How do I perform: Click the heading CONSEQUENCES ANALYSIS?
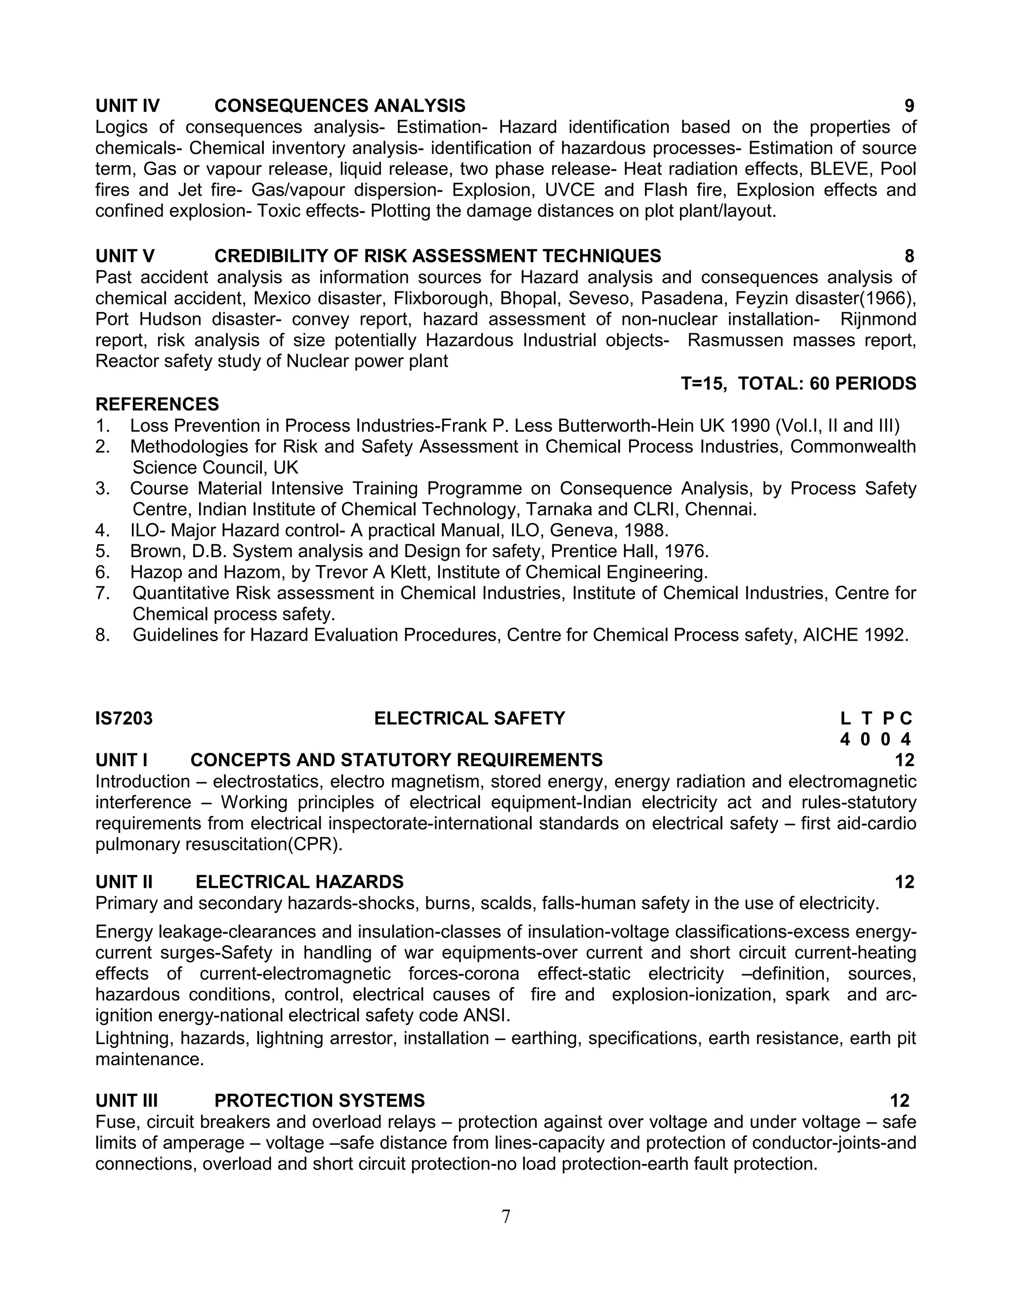pyautogui.click(x=339, y=106)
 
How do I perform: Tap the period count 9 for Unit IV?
pyautogui.click(x=909, y=106)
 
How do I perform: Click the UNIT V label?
pyautogui.click(x=125, y=256)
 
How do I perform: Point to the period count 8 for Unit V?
pyautogui.click(x=909, y=256)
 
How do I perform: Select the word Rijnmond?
pyautogui.click(x=878, y=319)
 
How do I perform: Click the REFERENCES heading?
pyautogui.click(x=157, y=404)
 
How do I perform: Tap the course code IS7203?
pyautogui.click(x=124, y=719)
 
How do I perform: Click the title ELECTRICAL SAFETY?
pyautogui.click(x=469, y=719)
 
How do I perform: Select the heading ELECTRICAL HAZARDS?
pyautogui.click(x=299, y=882)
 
